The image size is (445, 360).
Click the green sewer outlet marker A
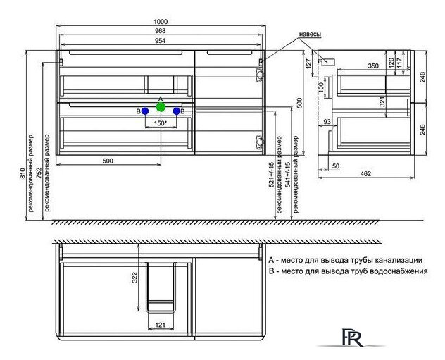[x=161, y=107]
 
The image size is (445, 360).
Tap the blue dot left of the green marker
[x=145, y=111]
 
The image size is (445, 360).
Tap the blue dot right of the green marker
[x=176, y=111]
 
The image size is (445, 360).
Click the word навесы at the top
[x=310, y=35]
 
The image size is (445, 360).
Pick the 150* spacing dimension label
[x=161, y=124]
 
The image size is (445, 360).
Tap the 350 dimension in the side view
[x=362, y=65]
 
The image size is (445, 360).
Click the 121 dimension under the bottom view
[x=161, y=325]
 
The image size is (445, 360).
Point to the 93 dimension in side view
[x=327, y=124]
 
